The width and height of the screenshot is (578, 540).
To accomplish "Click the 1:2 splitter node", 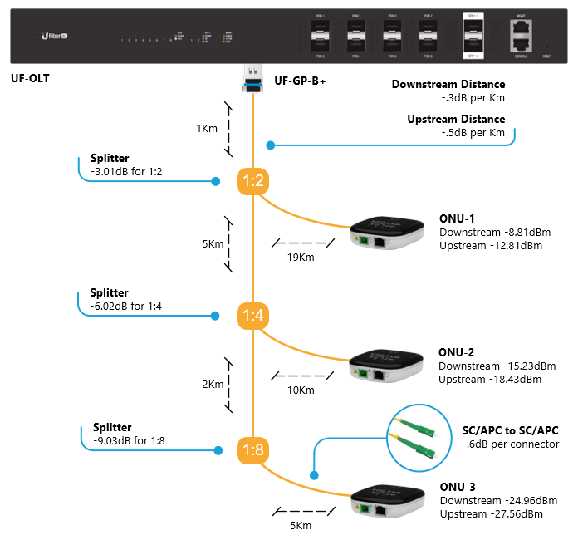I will tap(252, 180).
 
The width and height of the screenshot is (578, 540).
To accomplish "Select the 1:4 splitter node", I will tap(252, 316).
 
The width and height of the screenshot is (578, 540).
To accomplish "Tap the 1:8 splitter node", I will tap(252, 450).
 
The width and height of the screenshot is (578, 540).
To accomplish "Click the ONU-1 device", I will tap(384, 236).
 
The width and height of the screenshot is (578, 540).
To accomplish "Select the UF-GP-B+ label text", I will tap(300, 81).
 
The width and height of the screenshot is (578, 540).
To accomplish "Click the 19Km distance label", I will tap(300, 257).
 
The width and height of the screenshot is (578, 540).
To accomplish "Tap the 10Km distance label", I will tap(300, 390).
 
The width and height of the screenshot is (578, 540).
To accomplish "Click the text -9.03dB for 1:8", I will tap(129, 441).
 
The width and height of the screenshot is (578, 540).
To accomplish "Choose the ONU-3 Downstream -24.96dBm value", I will tap(497, 501).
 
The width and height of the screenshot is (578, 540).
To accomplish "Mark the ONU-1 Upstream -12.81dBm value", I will tap(490, 245).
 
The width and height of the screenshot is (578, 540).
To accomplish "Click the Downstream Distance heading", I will tap(448, 85).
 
